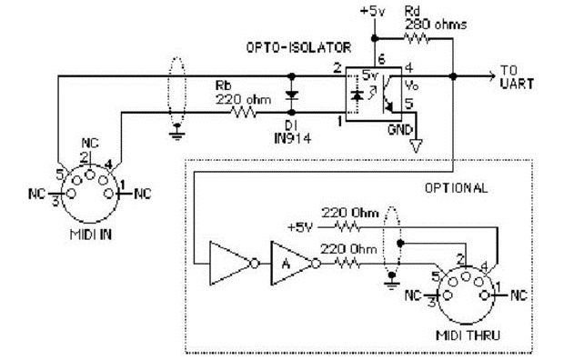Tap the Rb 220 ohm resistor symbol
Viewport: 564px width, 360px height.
[246, 114]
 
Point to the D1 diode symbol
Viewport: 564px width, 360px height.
[290, 94]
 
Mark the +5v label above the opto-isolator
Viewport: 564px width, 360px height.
[375, 11]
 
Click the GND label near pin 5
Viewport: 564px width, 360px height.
[400, 129]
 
